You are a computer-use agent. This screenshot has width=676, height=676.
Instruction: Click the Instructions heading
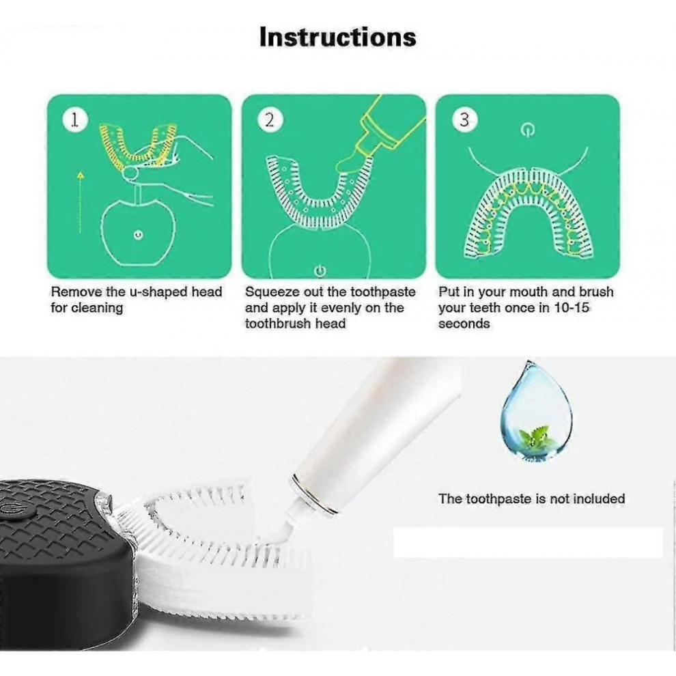click(337, 37)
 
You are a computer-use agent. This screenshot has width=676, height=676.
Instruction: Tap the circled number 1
click(75, 119)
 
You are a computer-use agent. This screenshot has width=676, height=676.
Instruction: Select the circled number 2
click(270, 119)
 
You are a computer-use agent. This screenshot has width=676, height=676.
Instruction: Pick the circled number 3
click(464, 119)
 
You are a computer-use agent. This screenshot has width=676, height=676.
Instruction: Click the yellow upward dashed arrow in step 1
click(81, 203)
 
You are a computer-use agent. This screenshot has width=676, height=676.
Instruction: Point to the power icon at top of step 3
click(527, 129)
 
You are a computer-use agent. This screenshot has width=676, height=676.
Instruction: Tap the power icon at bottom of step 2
click(320, 271)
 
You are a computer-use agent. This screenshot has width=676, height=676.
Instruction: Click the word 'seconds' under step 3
click(464, 324)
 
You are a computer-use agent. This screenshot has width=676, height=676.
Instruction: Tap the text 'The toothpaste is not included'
click(531, 499)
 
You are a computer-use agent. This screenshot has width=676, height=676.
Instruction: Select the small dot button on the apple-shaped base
click(138, 235)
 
